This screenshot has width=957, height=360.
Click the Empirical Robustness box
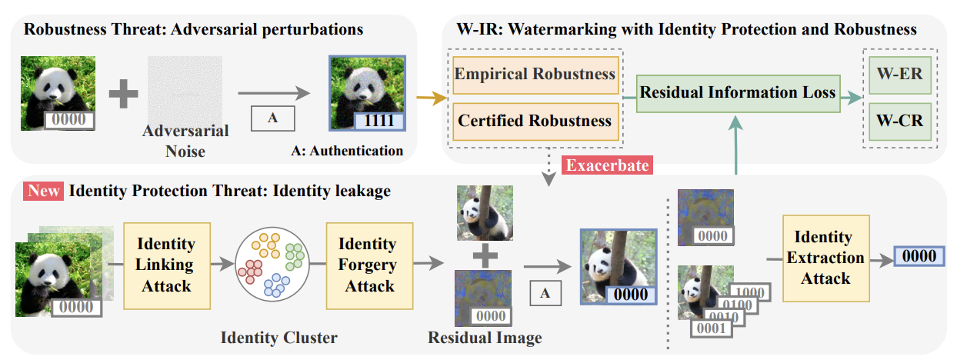click(535, 74)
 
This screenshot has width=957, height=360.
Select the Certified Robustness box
click(535, 121)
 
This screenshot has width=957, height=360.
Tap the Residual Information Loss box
click(737, 93)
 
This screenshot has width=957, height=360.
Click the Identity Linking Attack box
click(165, 265)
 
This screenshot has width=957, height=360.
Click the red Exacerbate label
click(608, 165)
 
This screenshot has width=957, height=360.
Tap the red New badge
click(44, 191)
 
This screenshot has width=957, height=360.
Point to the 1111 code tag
click(379, 120)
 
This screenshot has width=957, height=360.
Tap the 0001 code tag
click(710, 328)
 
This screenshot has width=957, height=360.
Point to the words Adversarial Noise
click(185, 141)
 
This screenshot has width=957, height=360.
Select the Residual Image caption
click(485, 338)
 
